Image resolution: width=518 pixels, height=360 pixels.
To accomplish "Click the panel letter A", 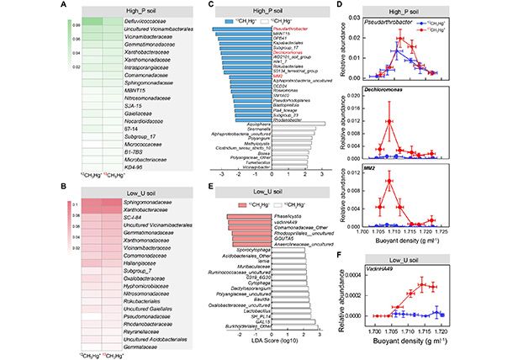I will click(8, 8).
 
